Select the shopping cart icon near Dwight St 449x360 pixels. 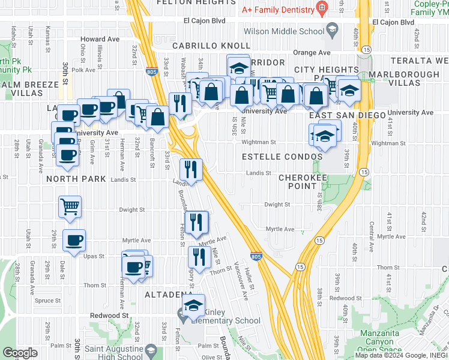point(70,207)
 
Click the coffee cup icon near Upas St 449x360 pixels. point(74,241)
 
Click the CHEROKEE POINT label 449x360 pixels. point(303,182)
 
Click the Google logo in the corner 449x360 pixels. point(20,353)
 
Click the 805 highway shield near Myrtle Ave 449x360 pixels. point(256,256)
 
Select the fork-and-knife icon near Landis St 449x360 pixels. point(191,169)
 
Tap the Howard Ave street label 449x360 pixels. point(100,39)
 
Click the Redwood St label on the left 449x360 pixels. point(109,315)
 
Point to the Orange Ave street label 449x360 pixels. point(312,53)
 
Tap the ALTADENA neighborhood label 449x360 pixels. point(167,295)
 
